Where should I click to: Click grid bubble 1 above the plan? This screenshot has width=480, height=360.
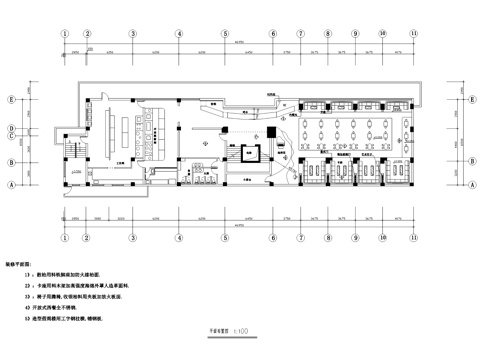[66, 31]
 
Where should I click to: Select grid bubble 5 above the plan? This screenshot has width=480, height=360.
[228, 31]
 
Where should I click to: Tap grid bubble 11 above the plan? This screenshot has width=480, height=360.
[412, 31]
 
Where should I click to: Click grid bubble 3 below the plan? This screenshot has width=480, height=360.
[131, 226]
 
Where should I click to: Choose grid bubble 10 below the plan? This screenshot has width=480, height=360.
[383, 226]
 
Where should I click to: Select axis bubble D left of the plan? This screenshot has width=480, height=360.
[11, 127]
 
